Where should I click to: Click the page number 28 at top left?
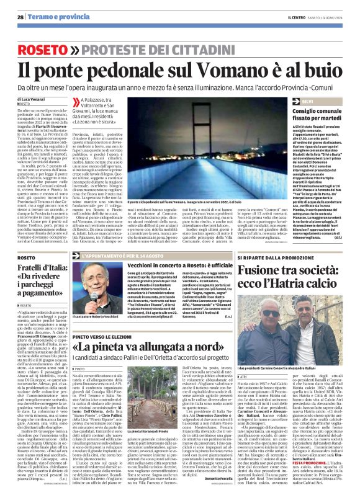[20, 17]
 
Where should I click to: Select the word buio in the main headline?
[319, 71]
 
